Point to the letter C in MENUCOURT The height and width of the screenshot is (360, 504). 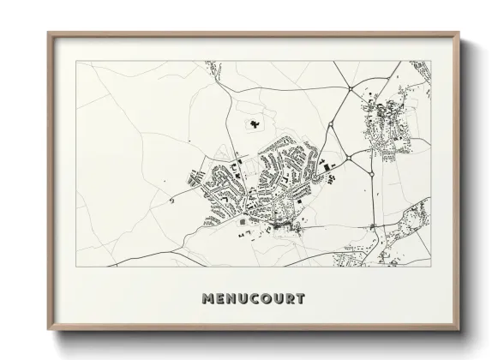click(x=261, y=299)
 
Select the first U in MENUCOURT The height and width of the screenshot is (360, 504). click(x=247, y=299)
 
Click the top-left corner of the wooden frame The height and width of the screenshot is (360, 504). click(x=48, y=33)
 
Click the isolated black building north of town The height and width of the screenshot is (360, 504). click(x=254, y=125)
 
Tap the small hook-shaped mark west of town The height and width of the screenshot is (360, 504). click(x=174, y=199)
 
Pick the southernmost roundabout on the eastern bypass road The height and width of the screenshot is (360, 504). click(x=375, y=225)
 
